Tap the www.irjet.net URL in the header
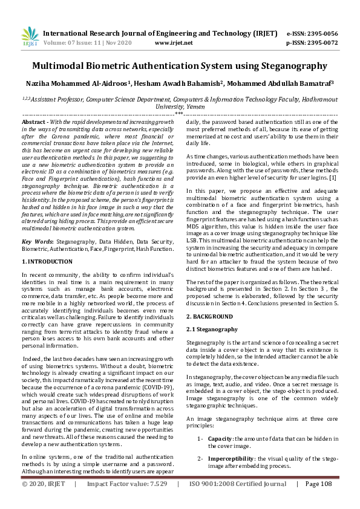(x=174, y=43)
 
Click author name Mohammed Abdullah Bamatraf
(x=287, y=84)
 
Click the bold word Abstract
(x=34, y=122)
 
